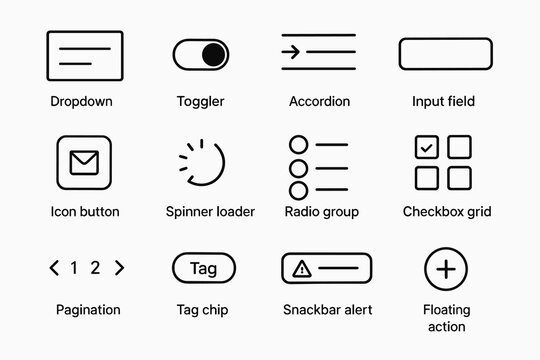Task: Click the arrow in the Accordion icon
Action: point(293,53)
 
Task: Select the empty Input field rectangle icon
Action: point(445,54)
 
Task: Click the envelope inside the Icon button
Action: point(84,162)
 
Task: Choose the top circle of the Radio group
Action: point(297,145)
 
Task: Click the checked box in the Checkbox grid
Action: point(427,148)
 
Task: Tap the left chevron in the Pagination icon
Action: point(54,267)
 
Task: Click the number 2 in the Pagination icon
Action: point(95,267)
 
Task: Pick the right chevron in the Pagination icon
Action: point(120,267)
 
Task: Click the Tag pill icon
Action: point(203,268)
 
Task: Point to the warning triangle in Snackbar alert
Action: point(300,268)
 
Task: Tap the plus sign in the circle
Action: point(446,268)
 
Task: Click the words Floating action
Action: point(446,318)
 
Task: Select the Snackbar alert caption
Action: point(328,310)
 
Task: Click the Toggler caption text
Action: point(200,102)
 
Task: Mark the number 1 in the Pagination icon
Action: point(73,267)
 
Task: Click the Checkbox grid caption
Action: point(446,212)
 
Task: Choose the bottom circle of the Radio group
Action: point(297,190)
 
